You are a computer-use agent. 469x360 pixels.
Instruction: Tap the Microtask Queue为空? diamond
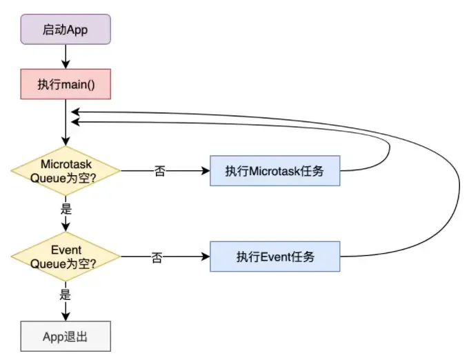pos(66,170)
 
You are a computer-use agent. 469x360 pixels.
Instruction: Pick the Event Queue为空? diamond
pos(66,257)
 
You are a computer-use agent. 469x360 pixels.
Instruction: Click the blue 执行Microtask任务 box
pos(275,171)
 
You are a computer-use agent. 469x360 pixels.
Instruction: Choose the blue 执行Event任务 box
pos(275,257)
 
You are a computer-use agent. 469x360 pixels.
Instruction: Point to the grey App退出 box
pos(66,337)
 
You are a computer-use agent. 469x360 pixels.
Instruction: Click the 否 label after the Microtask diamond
pos(160,171)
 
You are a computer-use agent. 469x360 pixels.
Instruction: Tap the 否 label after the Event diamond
pos(157,257)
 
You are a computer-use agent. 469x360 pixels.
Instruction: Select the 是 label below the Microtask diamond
pos(66,206)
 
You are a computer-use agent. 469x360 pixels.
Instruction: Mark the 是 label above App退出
pos(66,292)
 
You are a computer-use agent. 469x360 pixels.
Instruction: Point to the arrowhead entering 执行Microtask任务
pos(206,171)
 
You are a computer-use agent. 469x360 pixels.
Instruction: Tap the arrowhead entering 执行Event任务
pos(206,257)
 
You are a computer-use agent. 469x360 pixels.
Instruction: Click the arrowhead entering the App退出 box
pos(66,317)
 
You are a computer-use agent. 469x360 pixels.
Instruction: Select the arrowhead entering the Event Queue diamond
pos(66,230)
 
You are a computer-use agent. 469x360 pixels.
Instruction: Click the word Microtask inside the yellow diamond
pos(66,164)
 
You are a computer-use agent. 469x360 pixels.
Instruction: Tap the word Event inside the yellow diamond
pos(66,250)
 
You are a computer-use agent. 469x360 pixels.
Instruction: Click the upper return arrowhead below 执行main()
pos(74,111)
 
